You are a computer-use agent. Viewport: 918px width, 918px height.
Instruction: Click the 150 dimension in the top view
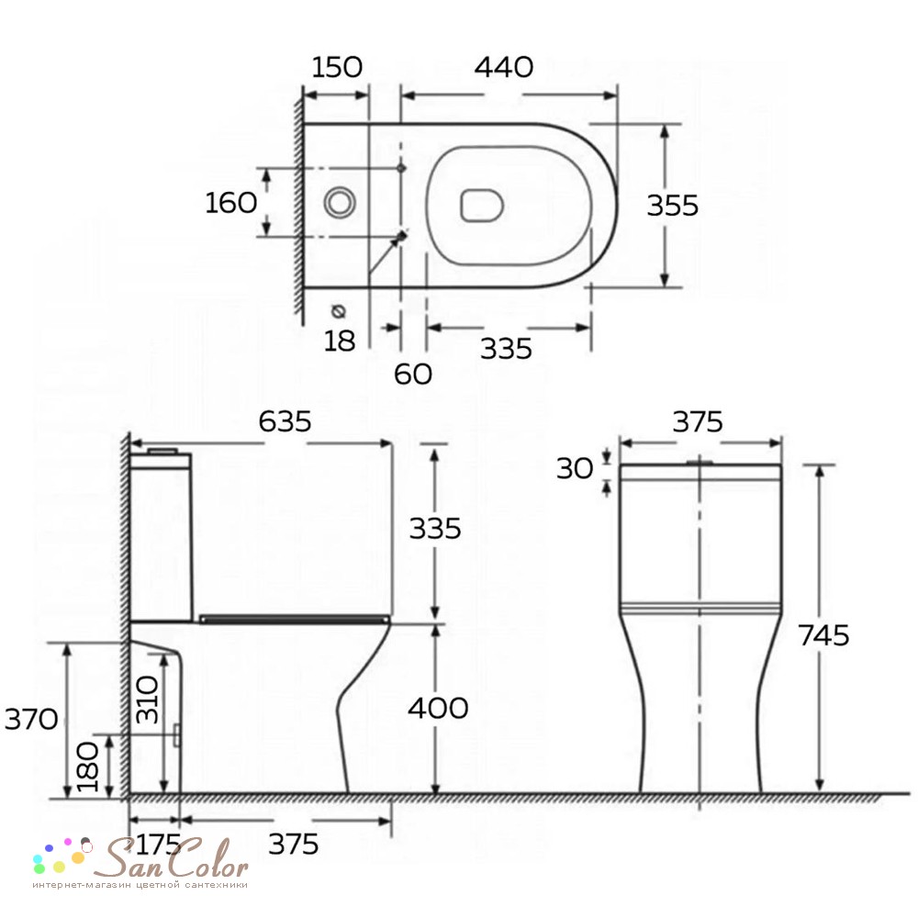(337, 67)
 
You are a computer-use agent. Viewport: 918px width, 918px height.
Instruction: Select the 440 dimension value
(503, 67)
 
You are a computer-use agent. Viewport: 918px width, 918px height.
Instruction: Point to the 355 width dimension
(673, 206)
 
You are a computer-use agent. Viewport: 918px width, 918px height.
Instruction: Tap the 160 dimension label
(231, 203)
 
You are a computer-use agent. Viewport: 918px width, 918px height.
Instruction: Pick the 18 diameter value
(340, 341)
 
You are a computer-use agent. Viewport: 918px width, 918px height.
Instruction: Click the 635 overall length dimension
(285, 421)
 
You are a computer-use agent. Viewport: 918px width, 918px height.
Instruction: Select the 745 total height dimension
(823, 635)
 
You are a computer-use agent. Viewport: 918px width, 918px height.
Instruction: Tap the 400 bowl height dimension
(438, 709)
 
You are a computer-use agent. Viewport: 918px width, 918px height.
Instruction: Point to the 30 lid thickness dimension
(575, 468)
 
